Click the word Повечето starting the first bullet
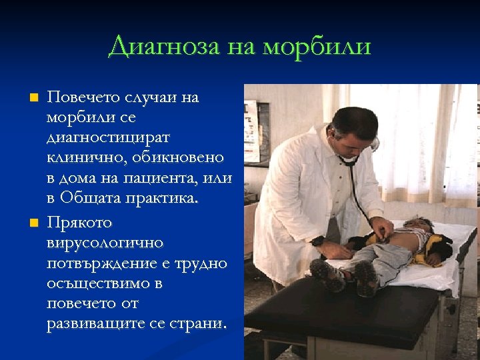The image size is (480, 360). point(83,97)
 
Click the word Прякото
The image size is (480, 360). point(79,222)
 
